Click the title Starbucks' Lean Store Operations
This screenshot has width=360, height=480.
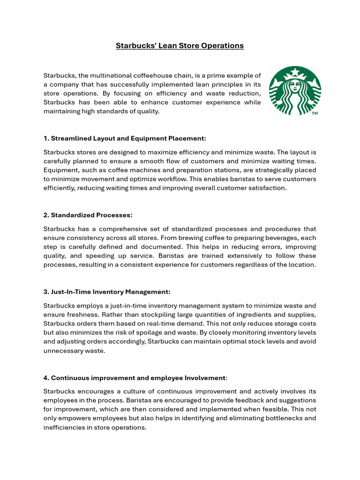(x=180, y=45)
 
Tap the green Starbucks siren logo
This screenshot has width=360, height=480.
(x=294, y=91)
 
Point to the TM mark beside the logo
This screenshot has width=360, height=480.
(x=315, y=113)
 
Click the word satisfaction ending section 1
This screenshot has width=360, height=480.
(x=266, y=188)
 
